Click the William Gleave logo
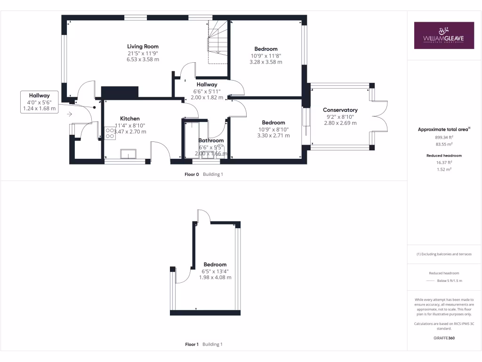click(x=444, y=35)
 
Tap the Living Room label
click(x=143, y=46)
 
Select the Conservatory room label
click(x=340, y=110)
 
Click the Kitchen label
click(x=129, y=118)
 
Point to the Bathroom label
click(x=211, y=140)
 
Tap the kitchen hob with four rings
click(x=109, y=134)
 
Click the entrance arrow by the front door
click(x=70, y=114)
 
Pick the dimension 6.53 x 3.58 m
click(x=143, y=59)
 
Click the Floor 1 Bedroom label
click(x=215, y=264)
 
